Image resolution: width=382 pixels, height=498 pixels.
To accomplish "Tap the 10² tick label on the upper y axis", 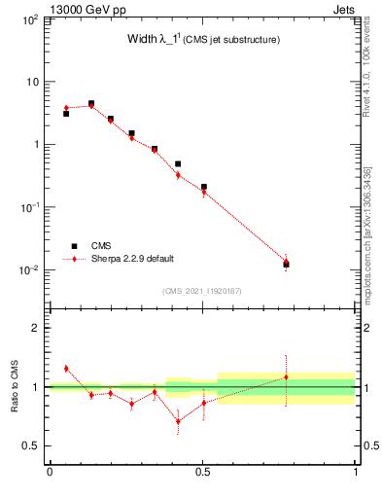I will [30, 19].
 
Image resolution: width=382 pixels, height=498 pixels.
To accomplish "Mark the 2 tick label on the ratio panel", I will [36, 329].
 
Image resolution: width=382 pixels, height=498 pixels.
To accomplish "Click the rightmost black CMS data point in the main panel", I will [286, 265].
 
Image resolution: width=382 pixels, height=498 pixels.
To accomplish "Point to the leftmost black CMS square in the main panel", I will [66, 114].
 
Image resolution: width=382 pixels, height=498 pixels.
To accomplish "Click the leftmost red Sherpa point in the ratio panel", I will [66, 369].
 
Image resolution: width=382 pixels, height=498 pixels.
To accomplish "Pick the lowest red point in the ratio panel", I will [178, 421].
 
